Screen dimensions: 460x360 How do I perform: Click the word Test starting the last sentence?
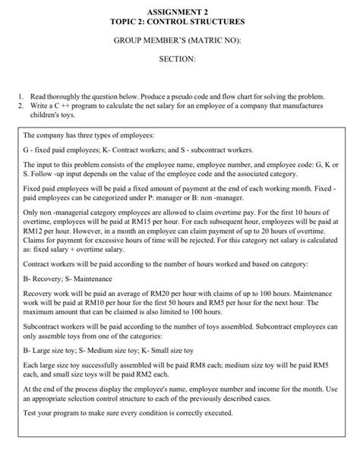tap(33, 435)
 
